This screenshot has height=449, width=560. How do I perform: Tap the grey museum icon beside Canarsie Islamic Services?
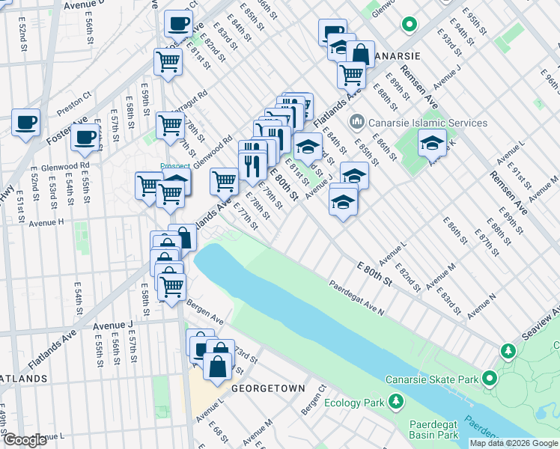click(356, 121)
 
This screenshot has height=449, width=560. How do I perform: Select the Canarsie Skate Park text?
click(432, 379)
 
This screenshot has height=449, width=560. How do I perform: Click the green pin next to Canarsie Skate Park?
click(490, 379)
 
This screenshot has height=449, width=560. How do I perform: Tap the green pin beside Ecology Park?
click(395, 403)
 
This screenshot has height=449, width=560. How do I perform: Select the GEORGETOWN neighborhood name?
click(268, 389)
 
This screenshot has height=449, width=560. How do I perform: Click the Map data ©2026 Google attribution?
click(514, 443)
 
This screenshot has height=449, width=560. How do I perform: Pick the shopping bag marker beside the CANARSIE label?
click(360, 55)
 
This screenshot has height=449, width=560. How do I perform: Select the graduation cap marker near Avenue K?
click(432, 143)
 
